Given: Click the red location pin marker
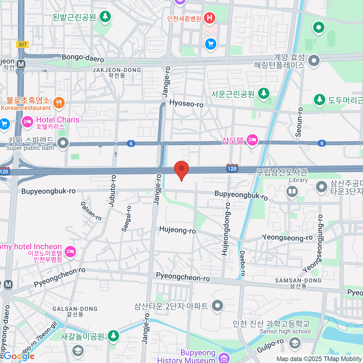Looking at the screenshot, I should tap(181, 169).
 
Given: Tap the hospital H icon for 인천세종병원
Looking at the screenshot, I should tap(209, 18).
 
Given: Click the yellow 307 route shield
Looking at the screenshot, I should tap(22, 44).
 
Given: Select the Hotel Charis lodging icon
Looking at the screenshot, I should tap(27, 122).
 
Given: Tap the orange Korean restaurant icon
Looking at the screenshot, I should tap(59, 103).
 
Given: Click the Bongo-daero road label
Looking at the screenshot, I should tap(83, 58).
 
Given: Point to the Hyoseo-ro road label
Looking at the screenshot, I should tap(186, 104).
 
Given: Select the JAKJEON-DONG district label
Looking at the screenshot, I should tap(117, 70).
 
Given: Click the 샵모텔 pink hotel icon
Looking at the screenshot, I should tap(252, 140).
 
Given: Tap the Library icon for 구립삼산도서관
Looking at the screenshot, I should tap(292, 191).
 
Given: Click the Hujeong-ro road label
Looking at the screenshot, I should tap(178, 230).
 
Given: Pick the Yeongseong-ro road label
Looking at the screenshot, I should tap(287, 238).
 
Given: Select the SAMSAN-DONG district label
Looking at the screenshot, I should tap(298, 281).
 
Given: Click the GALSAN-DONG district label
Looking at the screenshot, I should tap(75, 309).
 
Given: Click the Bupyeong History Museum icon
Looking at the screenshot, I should tap(224, 358).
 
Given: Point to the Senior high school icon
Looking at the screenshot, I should tap(294, 343).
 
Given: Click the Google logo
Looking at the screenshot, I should tap(19, 356).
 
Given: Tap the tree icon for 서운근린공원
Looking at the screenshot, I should tap(264, 93).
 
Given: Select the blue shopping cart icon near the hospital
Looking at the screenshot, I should tap(211, 44).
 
